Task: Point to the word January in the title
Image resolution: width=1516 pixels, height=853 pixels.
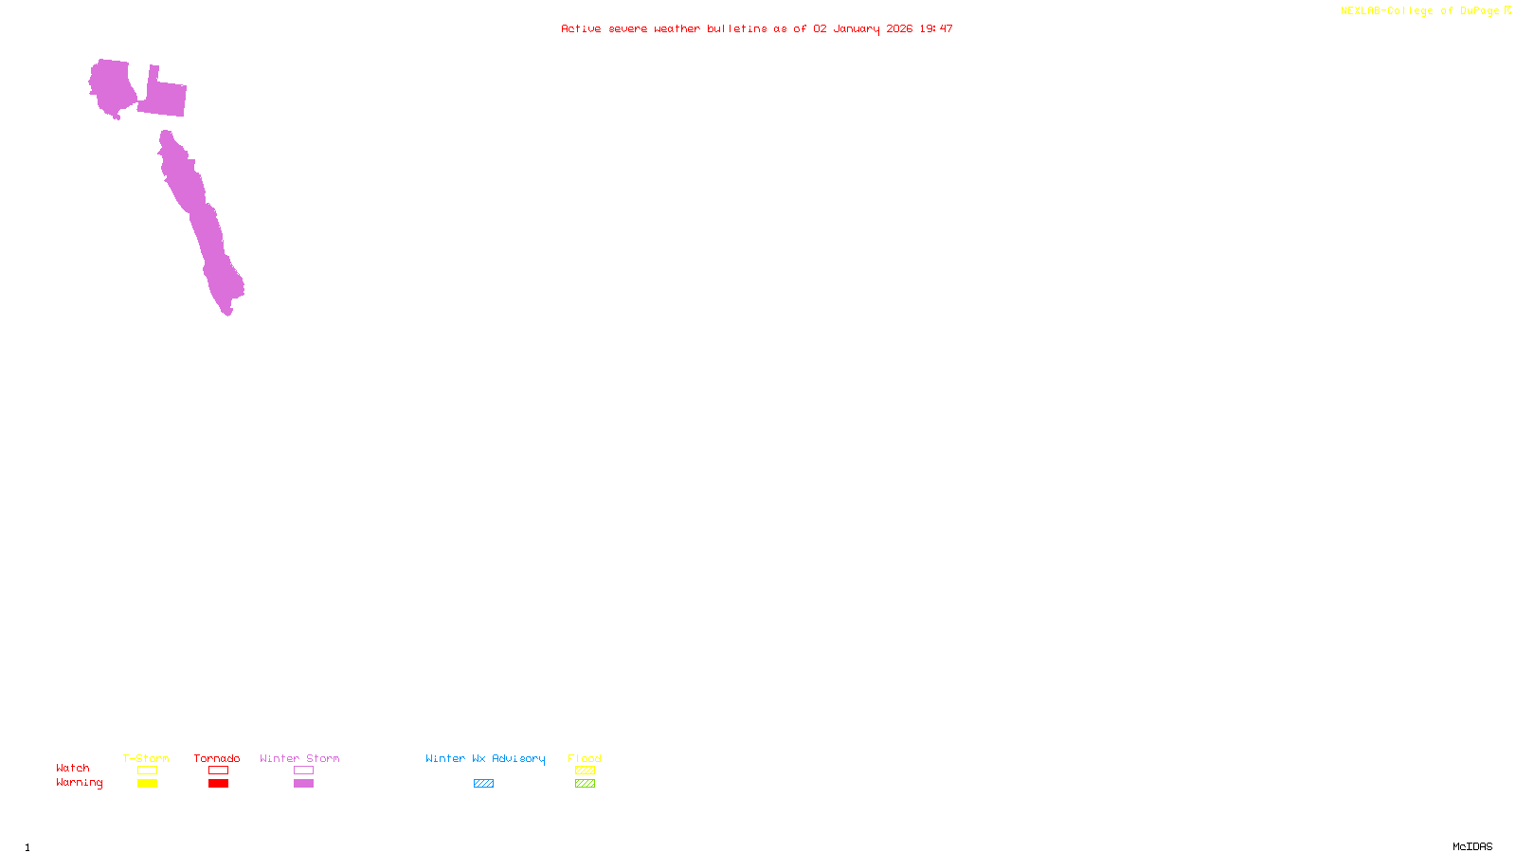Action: point(856,29)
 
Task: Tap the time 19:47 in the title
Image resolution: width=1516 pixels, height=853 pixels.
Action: point(936,29)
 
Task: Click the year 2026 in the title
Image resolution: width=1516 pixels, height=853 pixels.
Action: point(899,29)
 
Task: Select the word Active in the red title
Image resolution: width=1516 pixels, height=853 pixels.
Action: point(580,29)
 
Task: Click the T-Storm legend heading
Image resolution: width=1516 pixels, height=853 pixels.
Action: point(146,758)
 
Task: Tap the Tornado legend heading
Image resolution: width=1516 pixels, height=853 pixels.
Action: point(217,758)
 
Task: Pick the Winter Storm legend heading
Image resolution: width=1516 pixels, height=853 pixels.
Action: point(299,758)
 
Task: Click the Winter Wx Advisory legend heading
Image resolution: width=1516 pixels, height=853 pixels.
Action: point(485,758)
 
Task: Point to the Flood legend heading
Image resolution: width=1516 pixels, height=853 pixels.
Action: point(585,758)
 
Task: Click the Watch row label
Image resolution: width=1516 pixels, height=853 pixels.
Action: point(73,769)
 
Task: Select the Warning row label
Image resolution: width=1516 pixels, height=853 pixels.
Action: point(79,783)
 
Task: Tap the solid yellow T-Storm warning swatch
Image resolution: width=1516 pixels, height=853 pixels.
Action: point(147,784)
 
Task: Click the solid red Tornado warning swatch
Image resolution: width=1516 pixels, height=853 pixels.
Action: point(218,784)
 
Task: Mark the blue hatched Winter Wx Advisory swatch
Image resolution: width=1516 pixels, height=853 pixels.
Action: point(483,784)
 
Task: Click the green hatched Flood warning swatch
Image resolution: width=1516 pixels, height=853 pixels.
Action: point(585,784)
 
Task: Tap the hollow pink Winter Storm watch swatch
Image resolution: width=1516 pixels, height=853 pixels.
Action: point(303,771)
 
